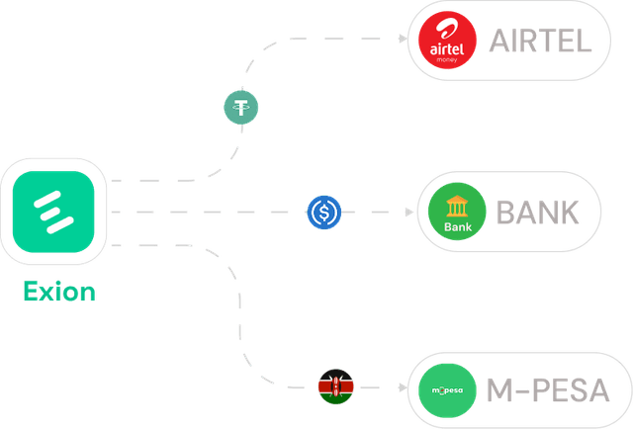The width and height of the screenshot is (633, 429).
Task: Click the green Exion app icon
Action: pos(54,211)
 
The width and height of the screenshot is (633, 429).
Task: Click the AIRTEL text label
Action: pos(539,41)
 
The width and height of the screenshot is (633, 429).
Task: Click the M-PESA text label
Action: pos(548,389)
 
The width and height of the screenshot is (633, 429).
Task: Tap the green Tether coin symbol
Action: pos(241,107)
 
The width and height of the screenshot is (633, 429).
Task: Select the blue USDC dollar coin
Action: pos(324,212)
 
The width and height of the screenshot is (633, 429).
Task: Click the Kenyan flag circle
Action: pos(335,386)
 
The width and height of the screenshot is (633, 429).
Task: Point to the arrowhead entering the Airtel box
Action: pos(401,40)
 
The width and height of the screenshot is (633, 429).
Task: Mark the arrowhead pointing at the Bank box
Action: pos(407,212)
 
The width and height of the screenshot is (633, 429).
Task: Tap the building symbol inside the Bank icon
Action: pos(458,205)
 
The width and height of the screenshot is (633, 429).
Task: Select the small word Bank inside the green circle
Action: pos(458,227)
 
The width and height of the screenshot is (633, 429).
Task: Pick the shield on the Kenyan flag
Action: pos(335,386)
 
